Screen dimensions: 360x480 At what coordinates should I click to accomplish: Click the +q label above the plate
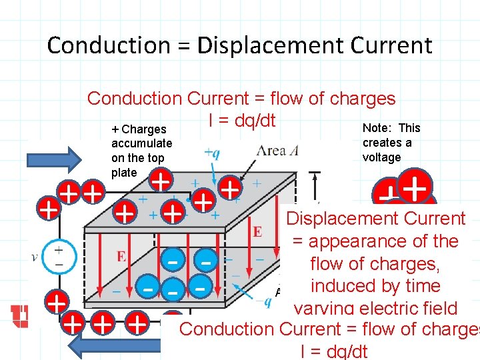pyautogui.click(x=211, y=153)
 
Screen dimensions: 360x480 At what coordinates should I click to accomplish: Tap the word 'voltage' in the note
pyautogui.click(x=382, y=157)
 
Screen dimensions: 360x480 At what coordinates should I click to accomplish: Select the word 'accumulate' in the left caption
pyautogui.click(x=141, y=143)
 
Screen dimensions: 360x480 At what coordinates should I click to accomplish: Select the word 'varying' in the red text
pyautogui.click(x=326, y=309)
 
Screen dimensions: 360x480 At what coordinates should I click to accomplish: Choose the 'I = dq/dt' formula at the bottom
pyautogui.click(x=334, y=351)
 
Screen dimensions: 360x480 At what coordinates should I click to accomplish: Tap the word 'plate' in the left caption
pyautogui.click(x=124, y=173)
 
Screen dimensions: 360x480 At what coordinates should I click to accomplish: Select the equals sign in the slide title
pyautogui.click(x=183, y=46)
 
